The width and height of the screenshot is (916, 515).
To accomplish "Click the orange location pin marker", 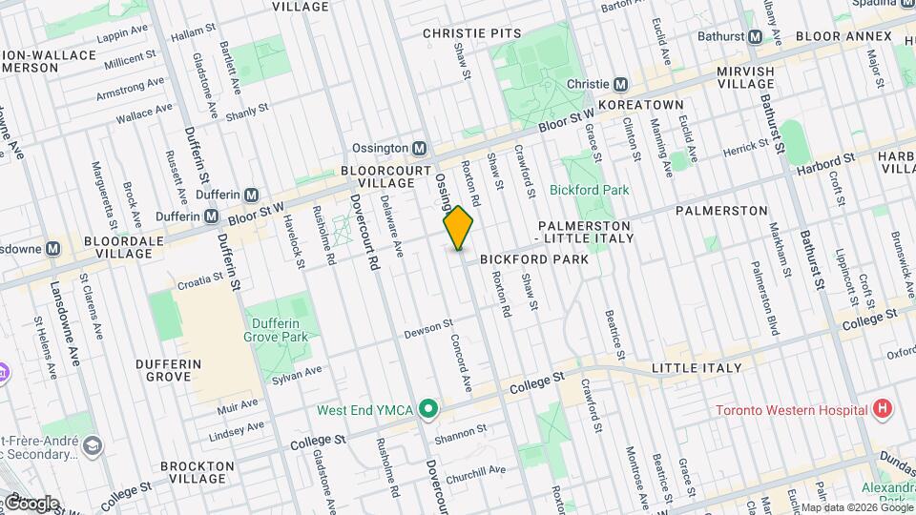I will (459, 227).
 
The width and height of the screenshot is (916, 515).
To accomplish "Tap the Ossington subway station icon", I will (419, 148).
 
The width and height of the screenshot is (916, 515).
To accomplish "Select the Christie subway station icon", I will (620, 84).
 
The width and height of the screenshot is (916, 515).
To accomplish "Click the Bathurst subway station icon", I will (755, 36).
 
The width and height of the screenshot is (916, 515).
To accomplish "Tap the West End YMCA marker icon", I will (429, 410).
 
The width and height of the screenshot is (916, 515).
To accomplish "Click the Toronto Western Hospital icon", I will (882, 410).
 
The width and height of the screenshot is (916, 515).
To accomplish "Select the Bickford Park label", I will (590, 190).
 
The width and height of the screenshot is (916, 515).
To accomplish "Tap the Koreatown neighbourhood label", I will (640, 104).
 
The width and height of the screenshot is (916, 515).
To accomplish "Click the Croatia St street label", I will (198, 280).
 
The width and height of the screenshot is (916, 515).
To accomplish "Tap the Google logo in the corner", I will (31, 503).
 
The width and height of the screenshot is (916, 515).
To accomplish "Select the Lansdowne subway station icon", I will (53, 248).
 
